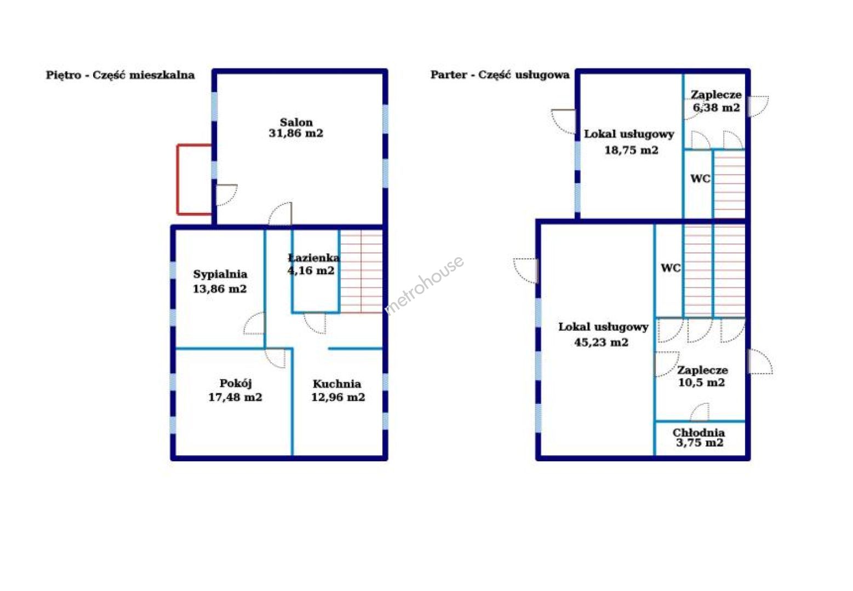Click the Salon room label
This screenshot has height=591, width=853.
point(296,123)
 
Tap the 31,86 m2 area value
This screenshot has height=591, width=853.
point(296,133)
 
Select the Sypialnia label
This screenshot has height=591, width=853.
point(220,274)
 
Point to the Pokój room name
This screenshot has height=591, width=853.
point(236,384)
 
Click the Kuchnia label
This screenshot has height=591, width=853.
point(337,384)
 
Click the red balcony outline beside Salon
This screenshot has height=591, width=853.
point(177,179)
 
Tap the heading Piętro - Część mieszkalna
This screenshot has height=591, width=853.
point(121,75)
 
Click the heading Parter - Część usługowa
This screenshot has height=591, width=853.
point(500,74)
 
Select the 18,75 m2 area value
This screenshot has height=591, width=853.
point(631,150)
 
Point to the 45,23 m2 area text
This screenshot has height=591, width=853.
point(602,342)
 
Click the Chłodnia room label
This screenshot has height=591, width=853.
point(699,432)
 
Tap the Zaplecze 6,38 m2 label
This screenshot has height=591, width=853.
point(716,101)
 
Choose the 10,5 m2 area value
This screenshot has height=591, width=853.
point(701,383)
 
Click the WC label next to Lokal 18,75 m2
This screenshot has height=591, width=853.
point(700,178)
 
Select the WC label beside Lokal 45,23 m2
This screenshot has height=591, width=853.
point(671,268)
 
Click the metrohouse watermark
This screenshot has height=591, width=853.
point(424,285)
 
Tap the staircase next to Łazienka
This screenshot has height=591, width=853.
point(362,271)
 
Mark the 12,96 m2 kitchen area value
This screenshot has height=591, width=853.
point(338,397)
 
